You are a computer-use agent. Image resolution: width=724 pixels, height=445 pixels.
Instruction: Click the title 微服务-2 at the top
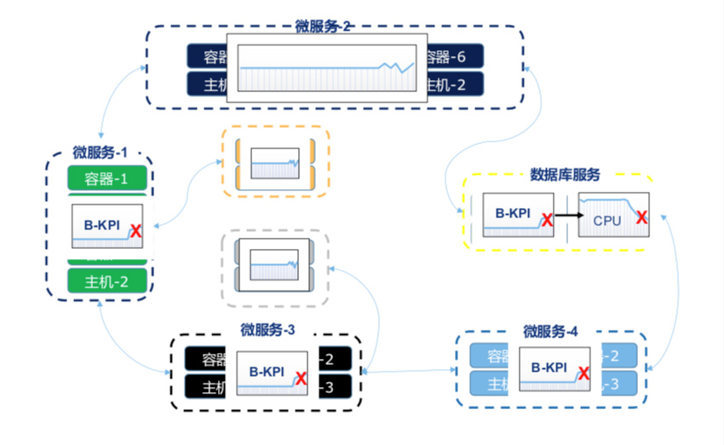324,26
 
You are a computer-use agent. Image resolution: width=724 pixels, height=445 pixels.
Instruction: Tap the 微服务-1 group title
100,153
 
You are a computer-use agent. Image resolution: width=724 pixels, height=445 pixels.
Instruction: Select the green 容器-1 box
107,179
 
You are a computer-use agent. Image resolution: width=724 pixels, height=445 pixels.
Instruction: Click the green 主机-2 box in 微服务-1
107,280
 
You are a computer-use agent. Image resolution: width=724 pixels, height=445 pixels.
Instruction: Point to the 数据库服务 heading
565,175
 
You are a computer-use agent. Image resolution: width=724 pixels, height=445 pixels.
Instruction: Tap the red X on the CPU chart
641,217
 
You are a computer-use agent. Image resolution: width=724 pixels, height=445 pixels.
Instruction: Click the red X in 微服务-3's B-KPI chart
301,379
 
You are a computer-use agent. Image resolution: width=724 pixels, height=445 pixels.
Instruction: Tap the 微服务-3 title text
267,330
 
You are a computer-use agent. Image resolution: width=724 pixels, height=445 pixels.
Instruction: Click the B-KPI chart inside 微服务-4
555,369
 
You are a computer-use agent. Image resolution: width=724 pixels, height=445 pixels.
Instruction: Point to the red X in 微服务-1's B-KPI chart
135,230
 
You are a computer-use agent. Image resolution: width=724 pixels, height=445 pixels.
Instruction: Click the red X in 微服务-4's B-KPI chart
583,373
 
